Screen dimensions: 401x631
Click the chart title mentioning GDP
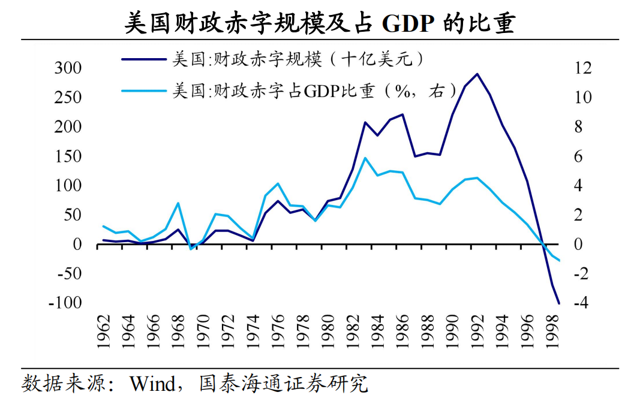(x=316, y=23)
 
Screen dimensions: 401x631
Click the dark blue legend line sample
(x=144, y=59)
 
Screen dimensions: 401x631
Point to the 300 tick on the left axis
(x=68, y=68)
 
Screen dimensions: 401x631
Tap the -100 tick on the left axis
(x=64, y=303)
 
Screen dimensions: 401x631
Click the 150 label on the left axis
(x=68, y=156)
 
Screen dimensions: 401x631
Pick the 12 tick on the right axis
(x=582, y=68)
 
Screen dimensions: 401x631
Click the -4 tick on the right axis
(x=579, y=303)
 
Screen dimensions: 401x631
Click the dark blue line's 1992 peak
(x=477, y=74)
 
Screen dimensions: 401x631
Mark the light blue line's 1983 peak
(x=365, y=158)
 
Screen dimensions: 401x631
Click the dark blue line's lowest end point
(x=559, y=303)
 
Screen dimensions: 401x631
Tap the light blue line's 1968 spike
(x=178, y=203)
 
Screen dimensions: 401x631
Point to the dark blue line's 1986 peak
(x=402, y=114)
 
